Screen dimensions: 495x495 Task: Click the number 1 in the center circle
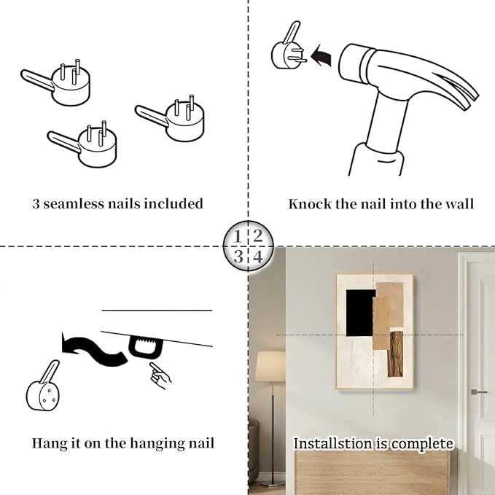tap(238, 236)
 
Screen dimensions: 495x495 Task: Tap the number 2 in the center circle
tap(258, 235)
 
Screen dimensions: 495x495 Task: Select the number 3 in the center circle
tap(238, 256)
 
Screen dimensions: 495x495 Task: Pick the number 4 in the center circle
tap(258, 257)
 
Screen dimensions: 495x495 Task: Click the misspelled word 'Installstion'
tap(332, 443)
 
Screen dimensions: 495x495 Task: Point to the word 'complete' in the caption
tap(422, 444)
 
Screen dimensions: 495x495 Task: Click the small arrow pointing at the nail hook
tap(321, 55)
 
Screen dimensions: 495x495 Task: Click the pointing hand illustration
tap(160, 375)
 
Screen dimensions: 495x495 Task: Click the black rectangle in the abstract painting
tap(360, 313)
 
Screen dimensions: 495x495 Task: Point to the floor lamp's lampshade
tap(270, 366)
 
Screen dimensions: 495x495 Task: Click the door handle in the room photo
tap(478, 392)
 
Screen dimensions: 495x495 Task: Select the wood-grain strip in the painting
tap(395, 354)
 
